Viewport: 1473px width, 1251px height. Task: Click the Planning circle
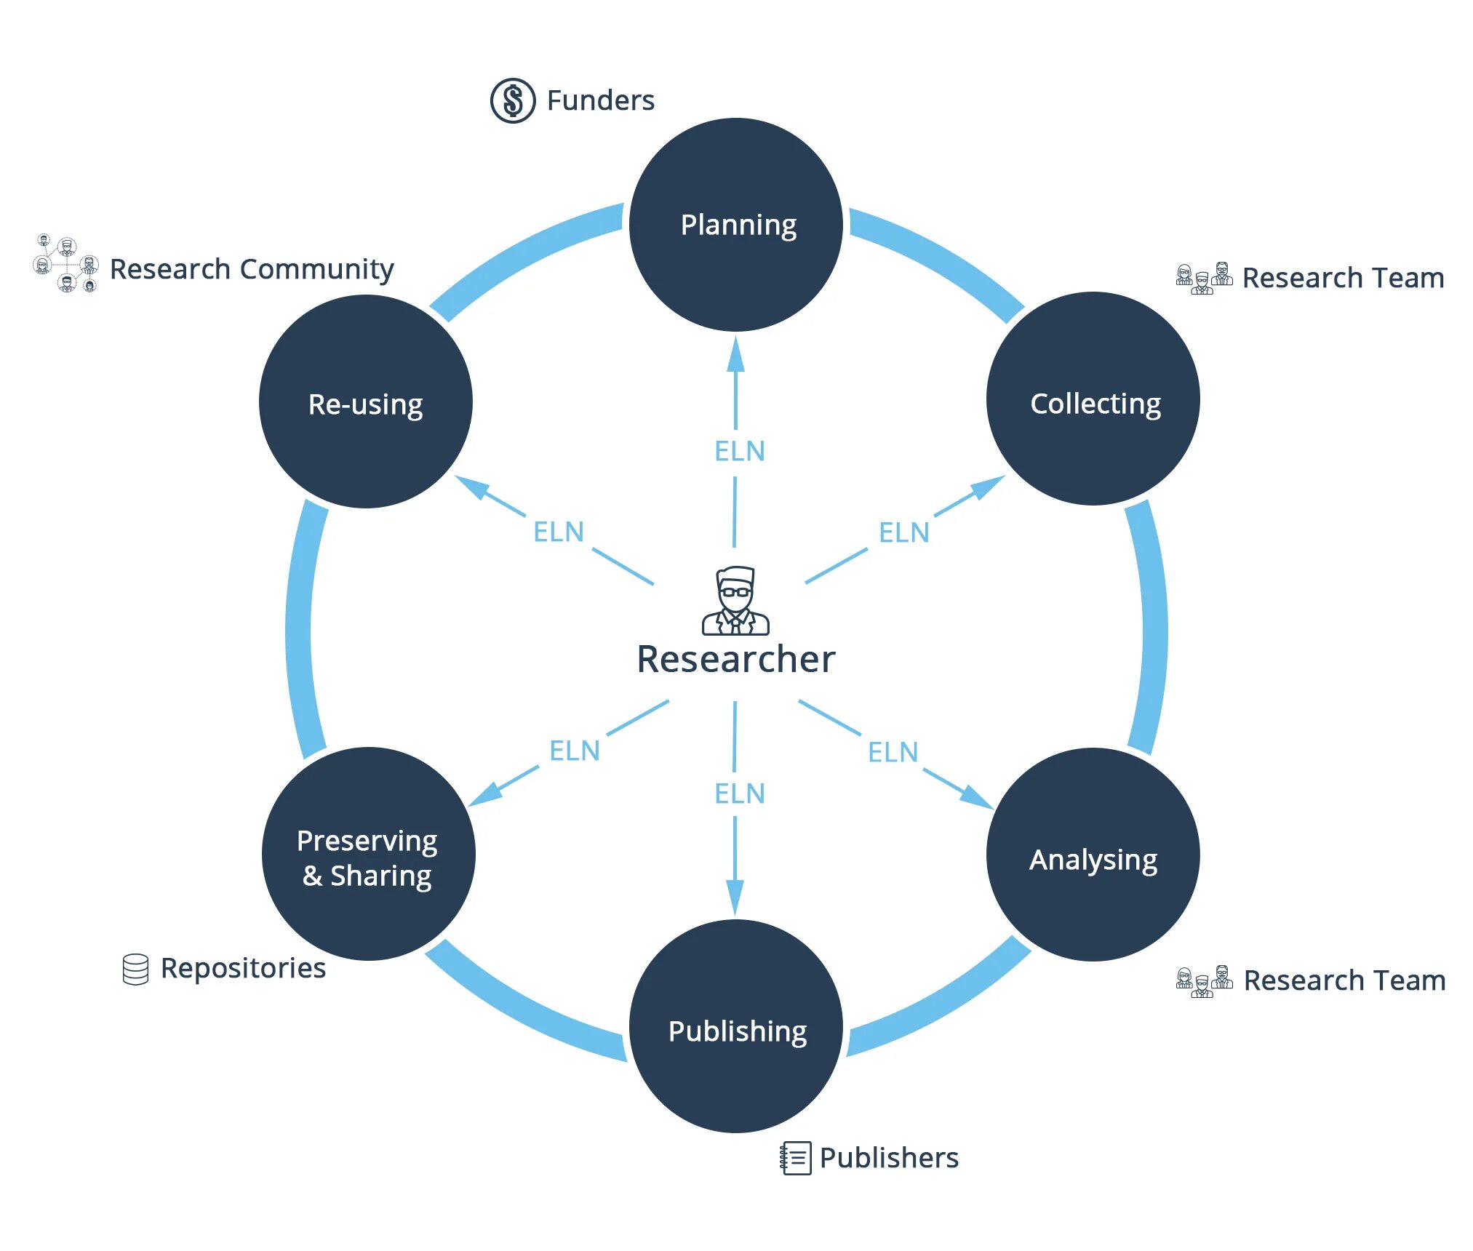coord(735,225)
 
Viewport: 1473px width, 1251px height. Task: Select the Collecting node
coord(1093,399)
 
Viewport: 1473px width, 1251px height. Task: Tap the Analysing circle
coord(1093,855)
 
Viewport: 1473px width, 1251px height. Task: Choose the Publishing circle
coord(735,1026)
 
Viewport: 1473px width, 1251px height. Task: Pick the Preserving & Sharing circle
coord(368,854)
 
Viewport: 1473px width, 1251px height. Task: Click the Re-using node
coord(365,401)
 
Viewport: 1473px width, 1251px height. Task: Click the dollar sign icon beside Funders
coord(513,100)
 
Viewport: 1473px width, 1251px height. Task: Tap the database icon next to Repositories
coord(136,969)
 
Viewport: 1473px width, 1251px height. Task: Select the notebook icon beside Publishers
coord(795,1158)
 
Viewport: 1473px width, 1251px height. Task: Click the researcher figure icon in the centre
coord(735,601)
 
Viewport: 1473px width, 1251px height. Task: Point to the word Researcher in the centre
coord(735,659)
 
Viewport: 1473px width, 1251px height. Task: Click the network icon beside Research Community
coord(66,263)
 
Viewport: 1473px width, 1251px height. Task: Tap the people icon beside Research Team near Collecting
coord(1204,279)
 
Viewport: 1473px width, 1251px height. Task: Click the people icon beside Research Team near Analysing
coord(1204,981)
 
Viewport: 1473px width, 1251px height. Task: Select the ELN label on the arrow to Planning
coord(739,451)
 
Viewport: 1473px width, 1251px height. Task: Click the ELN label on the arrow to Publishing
coord(739,794)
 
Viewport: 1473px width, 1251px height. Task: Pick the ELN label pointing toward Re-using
coord(558,532)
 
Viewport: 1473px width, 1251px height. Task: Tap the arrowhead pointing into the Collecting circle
coord(988,487)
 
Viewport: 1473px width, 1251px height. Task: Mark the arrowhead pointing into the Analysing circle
coord(977,797)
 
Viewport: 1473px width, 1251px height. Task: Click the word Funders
coord(600,100)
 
